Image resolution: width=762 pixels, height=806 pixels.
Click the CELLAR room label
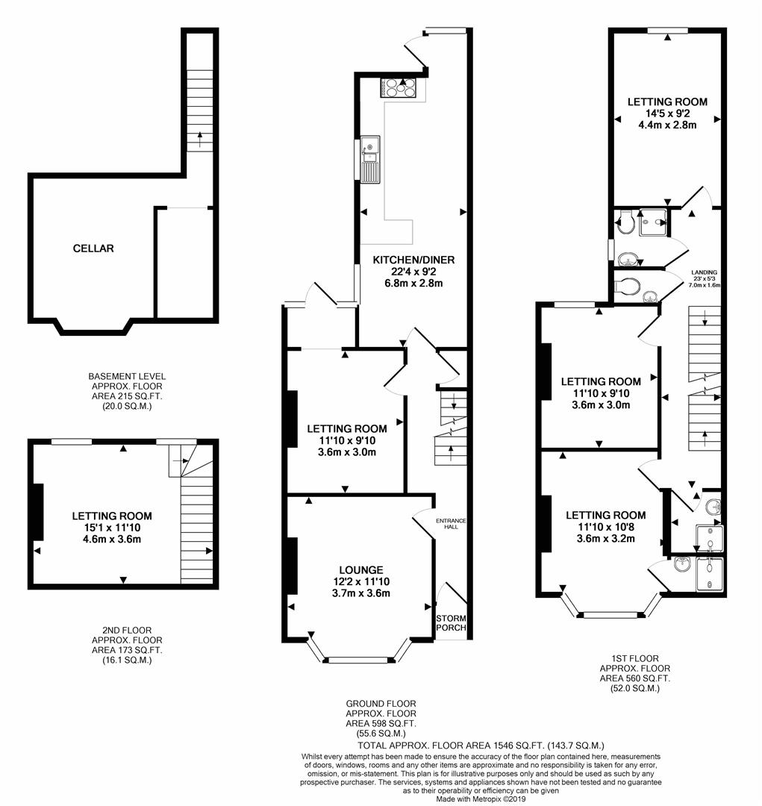coord(93,249)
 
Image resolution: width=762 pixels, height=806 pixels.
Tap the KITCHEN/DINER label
coord(413,260)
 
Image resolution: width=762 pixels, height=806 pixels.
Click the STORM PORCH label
coord(451,622)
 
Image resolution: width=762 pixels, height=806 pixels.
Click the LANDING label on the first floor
coord(703,272)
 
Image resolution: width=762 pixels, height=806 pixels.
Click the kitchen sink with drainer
coord(369,159)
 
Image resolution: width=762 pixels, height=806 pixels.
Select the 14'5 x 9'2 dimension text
coord(666,114)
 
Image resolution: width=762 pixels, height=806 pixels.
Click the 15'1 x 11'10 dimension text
coord(111,528)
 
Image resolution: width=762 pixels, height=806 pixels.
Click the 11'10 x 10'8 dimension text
coord(605,527)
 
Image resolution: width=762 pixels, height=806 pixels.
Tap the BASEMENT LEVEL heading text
coord(127,376)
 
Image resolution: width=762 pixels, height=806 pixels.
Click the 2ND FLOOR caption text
coord(127,630)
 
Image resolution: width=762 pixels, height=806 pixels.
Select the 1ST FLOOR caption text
coord(635,659)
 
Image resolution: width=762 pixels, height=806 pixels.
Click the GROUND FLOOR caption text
coord(381,704)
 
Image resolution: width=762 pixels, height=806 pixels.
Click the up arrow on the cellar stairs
coord(199,136)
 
